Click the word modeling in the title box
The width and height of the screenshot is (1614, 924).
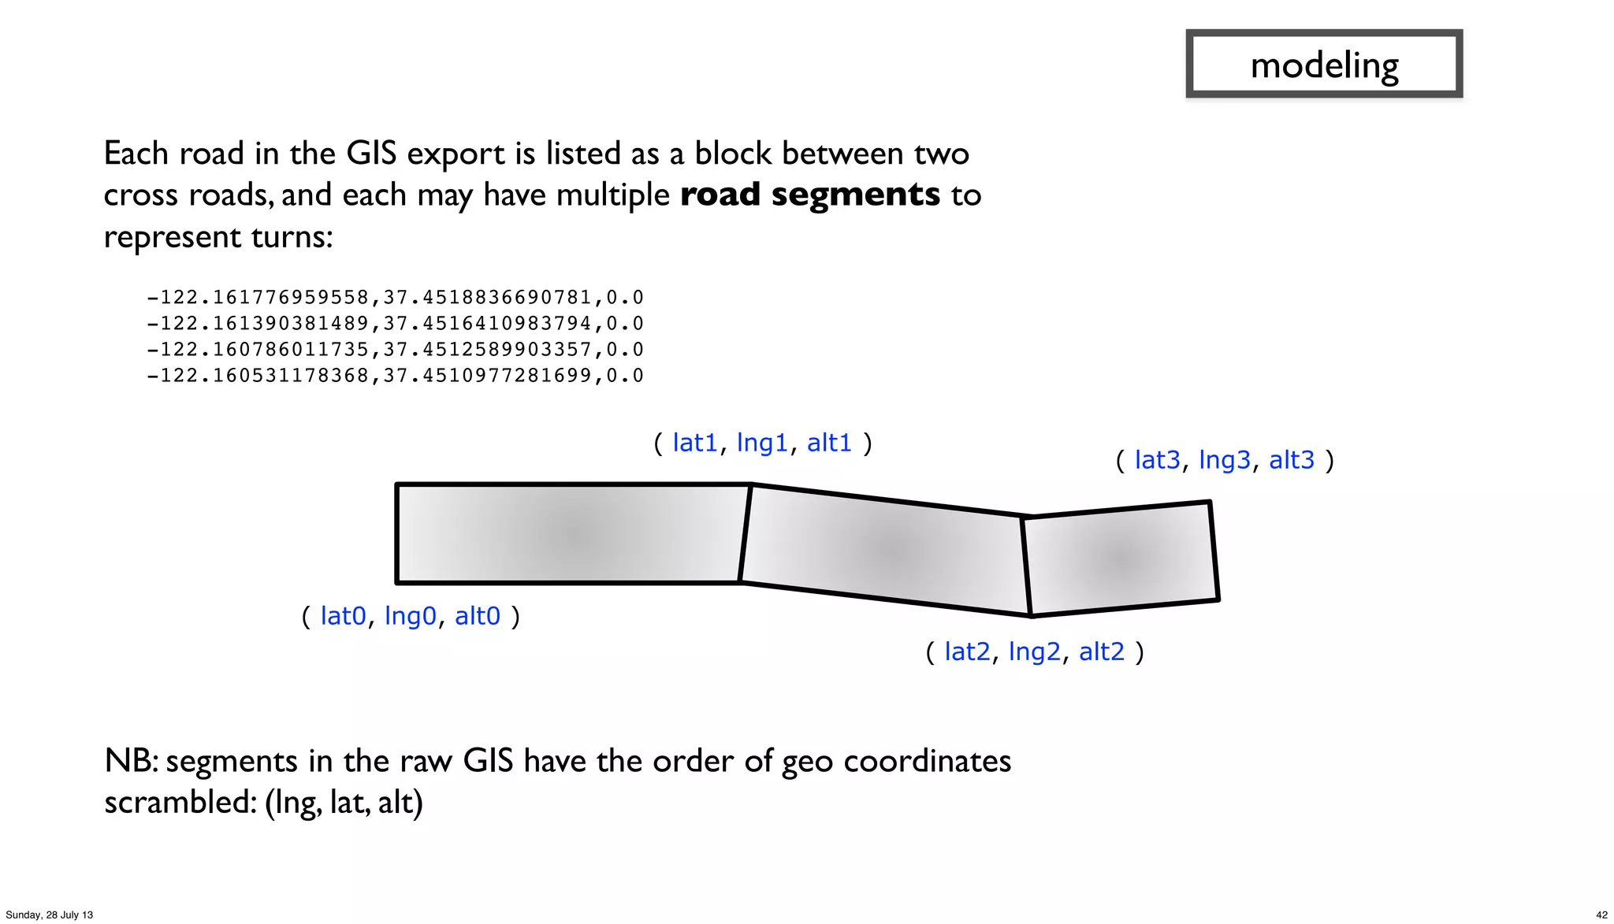coord(1324,65)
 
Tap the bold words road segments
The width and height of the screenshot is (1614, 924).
coord(810,195)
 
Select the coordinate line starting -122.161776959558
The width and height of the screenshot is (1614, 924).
coord(395,298)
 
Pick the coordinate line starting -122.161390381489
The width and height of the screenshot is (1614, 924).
coord(395,324)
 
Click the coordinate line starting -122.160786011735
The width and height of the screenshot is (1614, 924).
coord(395,350)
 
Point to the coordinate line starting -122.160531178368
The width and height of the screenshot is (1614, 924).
coord(395,376)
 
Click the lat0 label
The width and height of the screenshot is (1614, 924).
coord(343,616)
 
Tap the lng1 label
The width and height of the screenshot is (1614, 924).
coord(762,443)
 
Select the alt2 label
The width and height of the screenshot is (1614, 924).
coord(1101,652)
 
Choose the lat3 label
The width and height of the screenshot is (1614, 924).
coord(1157,460)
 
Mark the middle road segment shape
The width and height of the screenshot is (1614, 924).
coord(887,549)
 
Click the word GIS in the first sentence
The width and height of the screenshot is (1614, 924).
coord(371,154)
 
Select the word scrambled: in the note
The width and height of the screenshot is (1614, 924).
coord(180,803)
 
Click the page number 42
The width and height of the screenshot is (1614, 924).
coord(1601,915)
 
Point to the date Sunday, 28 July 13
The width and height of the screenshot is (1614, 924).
coord(50,915)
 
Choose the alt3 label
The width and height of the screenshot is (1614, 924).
coord(1291,460)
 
